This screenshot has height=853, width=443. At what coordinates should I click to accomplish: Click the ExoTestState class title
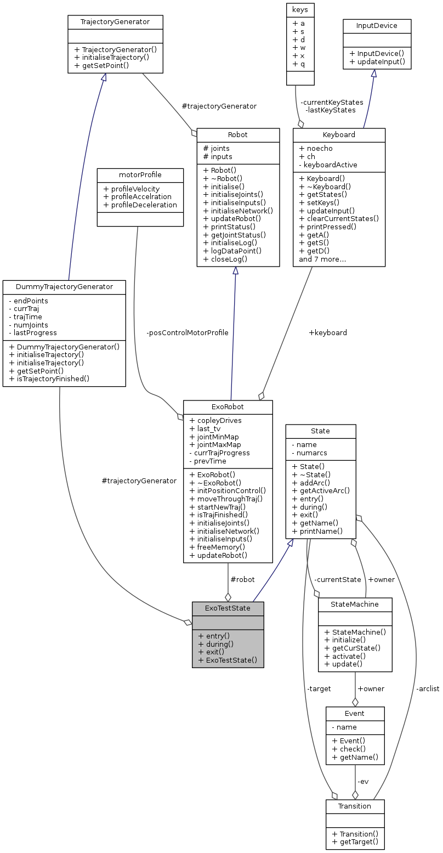pyautogui.click(x=228, y=608)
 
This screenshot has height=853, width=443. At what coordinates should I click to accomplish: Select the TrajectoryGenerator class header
pyautogui.click(x=115, y=22)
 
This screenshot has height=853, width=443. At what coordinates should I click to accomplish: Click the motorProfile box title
pyautogui.click(x=140, y=175)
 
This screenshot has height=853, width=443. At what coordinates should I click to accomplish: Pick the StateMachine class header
pyautogui.click(x=355, y=604)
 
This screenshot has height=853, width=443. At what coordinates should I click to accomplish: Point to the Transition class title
pyautogui.click(x=355, y=806)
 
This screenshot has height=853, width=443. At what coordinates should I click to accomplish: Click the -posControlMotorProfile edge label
pyautogui.click(x=187, y=332)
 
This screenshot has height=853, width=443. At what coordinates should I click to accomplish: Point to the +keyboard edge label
pyautogui.click(x=328, y=332)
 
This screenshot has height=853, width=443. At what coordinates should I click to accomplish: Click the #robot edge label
pyautogui.click(x=242, y=579)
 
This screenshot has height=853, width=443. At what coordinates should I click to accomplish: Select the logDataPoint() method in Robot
pyautogui.click(x=232, y=251)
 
